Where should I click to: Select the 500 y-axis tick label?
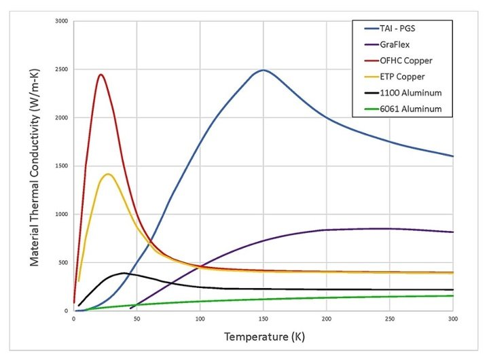coord(64,263)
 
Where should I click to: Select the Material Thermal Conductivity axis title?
coord(33,166)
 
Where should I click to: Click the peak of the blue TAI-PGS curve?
coord(263,70)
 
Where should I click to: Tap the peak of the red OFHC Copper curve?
coord(101,75)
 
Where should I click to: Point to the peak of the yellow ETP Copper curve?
coord(108,174)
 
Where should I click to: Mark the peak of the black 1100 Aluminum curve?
coord(124,273)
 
